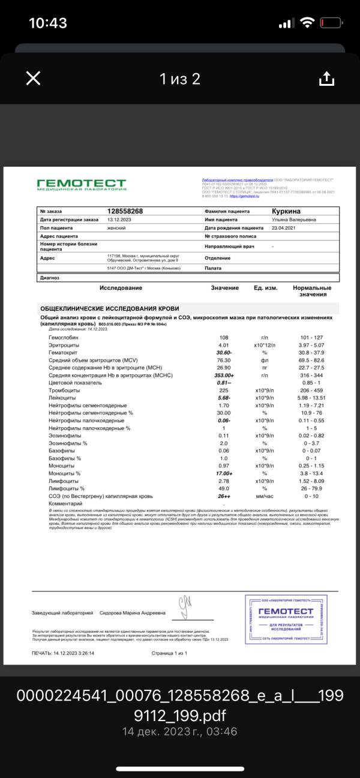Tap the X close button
tap(33, 79)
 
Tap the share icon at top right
tap(326, 79)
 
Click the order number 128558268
tap(125, 211)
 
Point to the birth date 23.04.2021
tap(286, 228)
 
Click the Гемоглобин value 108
tap(224, 338)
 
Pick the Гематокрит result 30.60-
tap(224, 353)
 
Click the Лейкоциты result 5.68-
tap(224, 397)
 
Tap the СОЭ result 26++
tap(224, 496)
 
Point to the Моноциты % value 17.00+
tap(224, 474)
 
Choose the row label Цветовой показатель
tap(76, 382)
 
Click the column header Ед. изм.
tap(265, 288)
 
